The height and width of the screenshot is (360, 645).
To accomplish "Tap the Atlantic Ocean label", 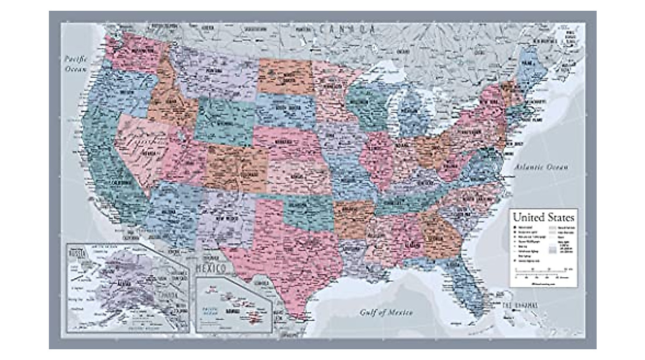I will (541, 168).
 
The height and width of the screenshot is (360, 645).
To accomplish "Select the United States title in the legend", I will (543, 218).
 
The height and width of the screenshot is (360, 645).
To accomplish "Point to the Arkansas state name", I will (354, 211).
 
